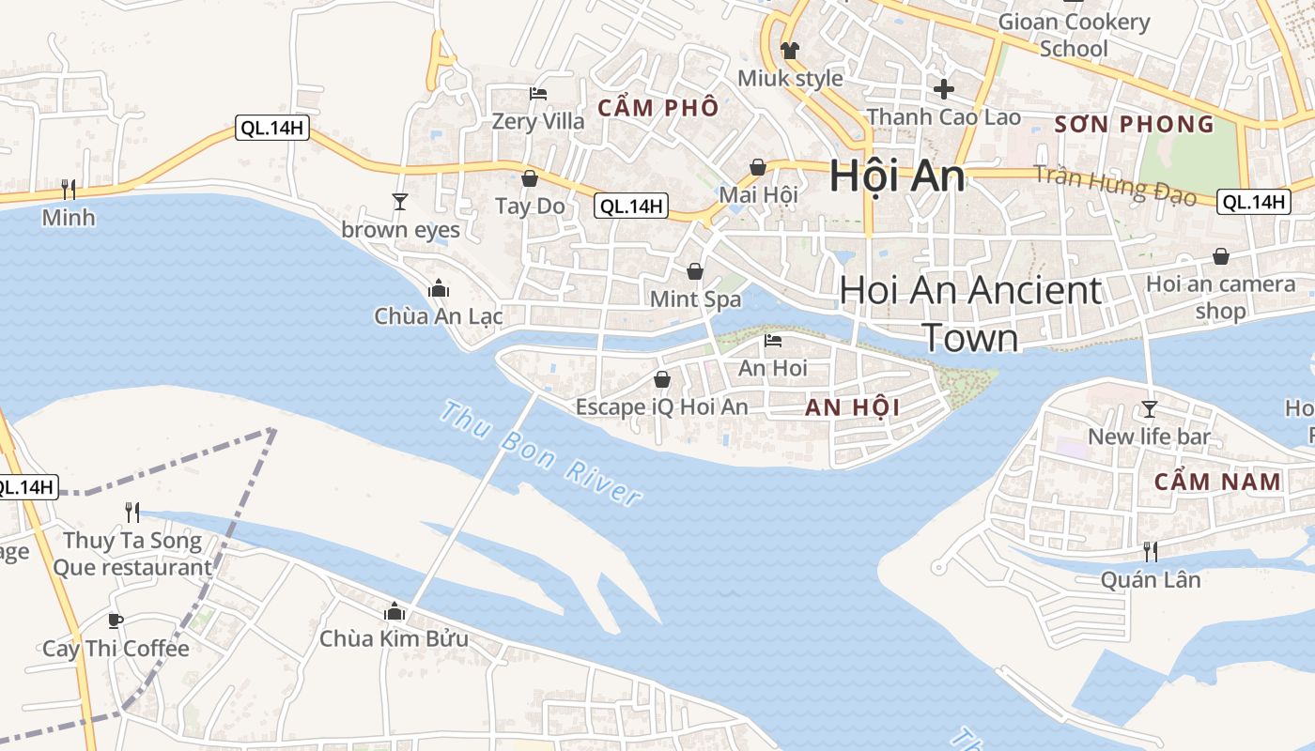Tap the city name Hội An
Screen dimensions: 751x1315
coord(897,177)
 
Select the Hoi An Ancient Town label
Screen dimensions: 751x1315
coord(970,313)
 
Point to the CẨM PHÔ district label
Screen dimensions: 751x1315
coord(657,107)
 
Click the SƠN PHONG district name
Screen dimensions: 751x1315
coord(1134,124)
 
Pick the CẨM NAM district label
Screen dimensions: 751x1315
coord(1217,482)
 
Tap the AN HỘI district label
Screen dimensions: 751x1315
coord(852,407)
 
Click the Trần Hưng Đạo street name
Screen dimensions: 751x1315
coord(1115,185)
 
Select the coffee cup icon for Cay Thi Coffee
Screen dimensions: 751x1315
coord(115,621)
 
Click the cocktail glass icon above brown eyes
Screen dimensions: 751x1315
coord(400,201)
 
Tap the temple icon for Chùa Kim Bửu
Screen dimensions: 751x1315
coord(394,612)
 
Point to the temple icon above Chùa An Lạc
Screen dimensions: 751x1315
coord(438,289)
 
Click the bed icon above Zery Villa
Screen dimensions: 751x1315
coord(538,93)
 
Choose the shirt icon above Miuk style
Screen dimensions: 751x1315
coord(789,50)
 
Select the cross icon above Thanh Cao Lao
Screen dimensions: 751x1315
coord(944,89)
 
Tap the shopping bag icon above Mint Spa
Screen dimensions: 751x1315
coord(695,271)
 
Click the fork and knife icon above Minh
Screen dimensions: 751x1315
coord(69,190)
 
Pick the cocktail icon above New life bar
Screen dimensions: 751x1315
coord(1149,408)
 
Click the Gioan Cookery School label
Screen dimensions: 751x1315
coord(1074,35)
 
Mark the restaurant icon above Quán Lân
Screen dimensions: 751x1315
coord(1150,551)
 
